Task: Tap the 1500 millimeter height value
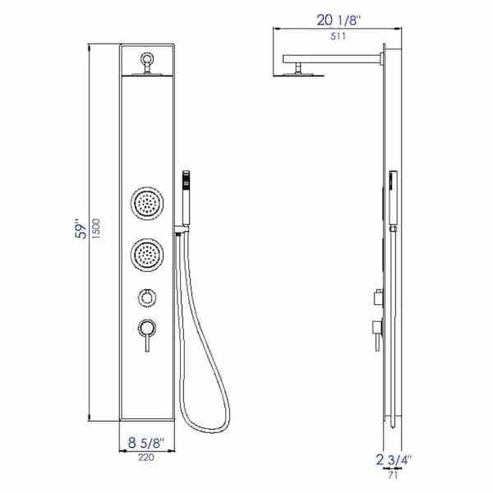pyautogui.click(x=98, y=228)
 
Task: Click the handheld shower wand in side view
pyautogui.click(x=393, y=201)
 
